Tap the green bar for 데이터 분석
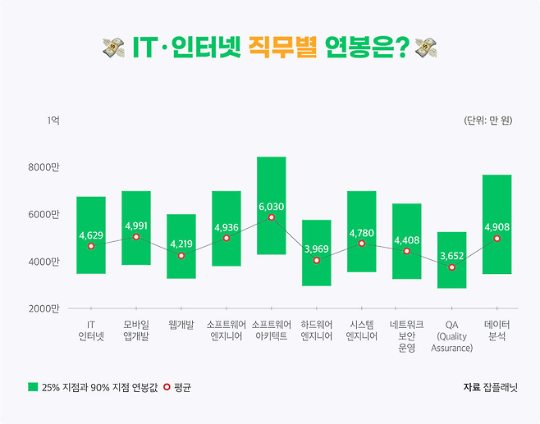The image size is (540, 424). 497,197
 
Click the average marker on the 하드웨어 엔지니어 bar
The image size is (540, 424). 317,260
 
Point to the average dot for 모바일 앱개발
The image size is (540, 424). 136,237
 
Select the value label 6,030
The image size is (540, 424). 272,207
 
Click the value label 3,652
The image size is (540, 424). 451,256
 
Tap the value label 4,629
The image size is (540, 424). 91,235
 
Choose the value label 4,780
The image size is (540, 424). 362,233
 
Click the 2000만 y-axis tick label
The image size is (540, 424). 44,308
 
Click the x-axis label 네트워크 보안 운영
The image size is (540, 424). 407,336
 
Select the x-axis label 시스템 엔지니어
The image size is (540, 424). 362,331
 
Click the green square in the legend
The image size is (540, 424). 33,386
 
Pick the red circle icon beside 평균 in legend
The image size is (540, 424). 167,386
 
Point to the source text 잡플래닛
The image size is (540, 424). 499,386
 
